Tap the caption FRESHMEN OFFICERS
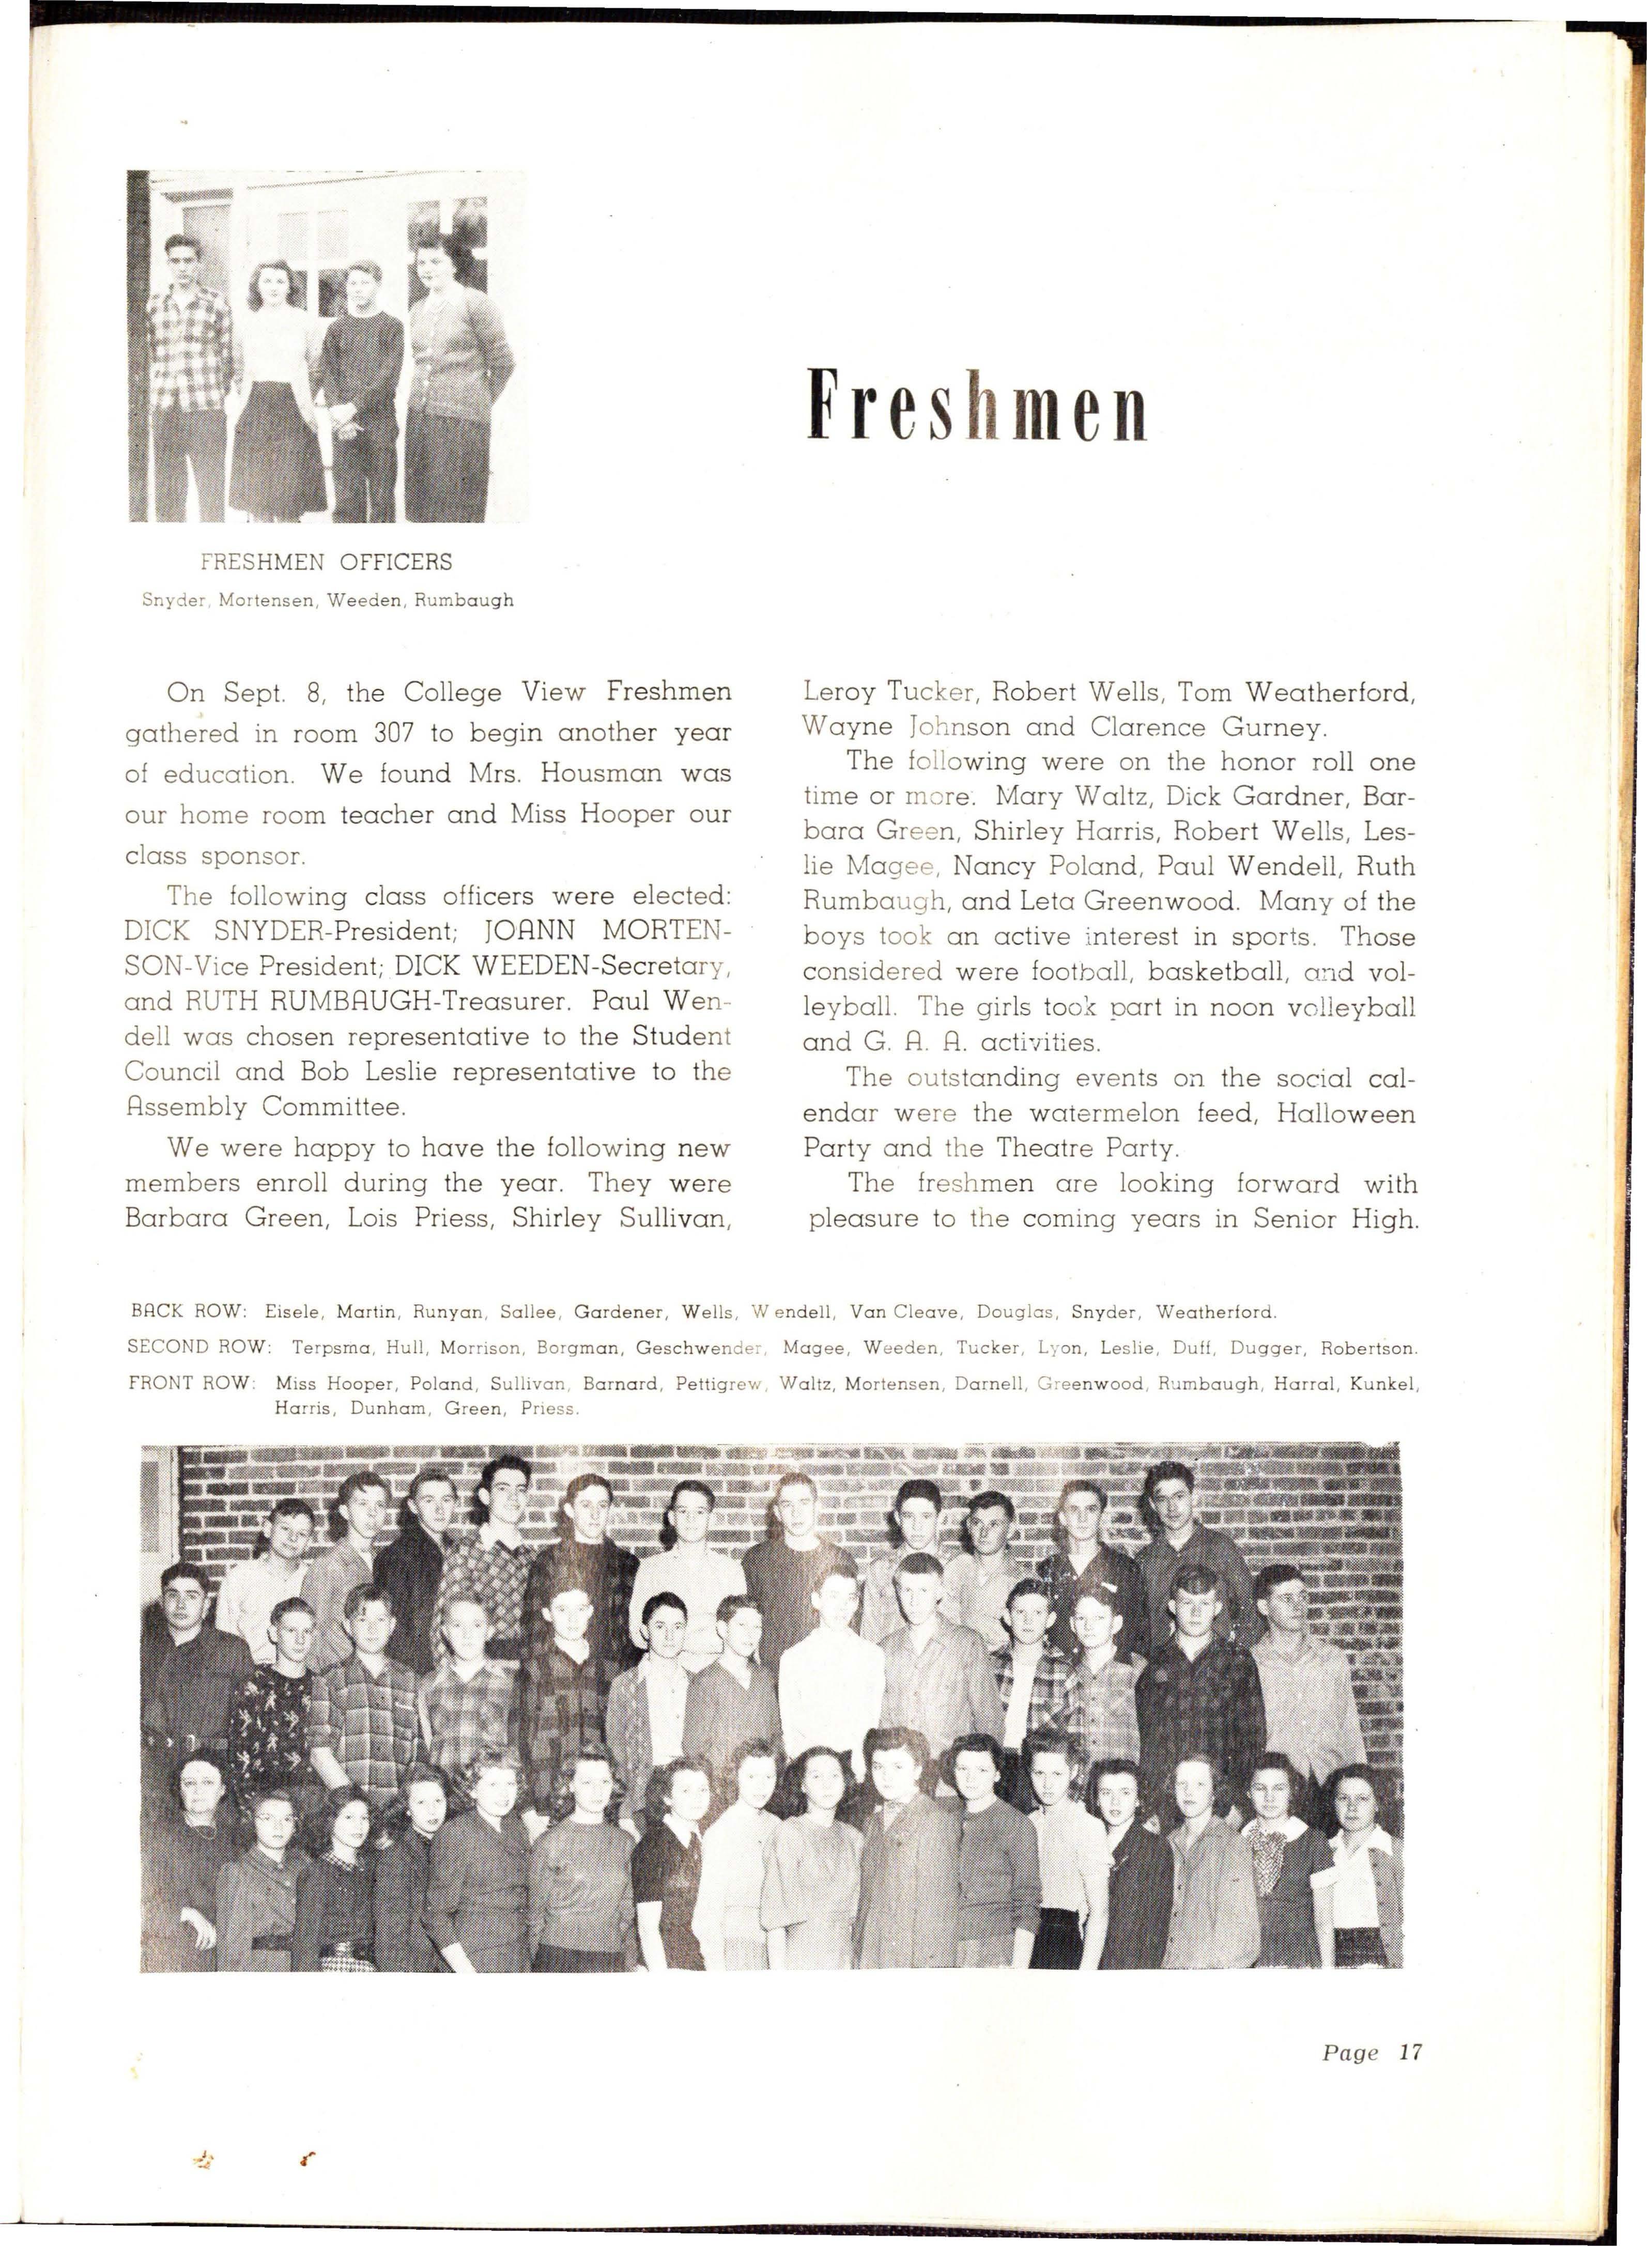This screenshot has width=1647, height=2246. pyautogui.click(x=326, y=562)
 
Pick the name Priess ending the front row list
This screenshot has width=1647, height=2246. pyautogui.click(x=549, y=1408)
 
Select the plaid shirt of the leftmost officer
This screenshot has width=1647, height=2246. pyautogui.click(x=190, y=349)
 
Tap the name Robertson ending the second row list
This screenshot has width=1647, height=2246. pyautogui.click(x=1368, y=1348)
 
